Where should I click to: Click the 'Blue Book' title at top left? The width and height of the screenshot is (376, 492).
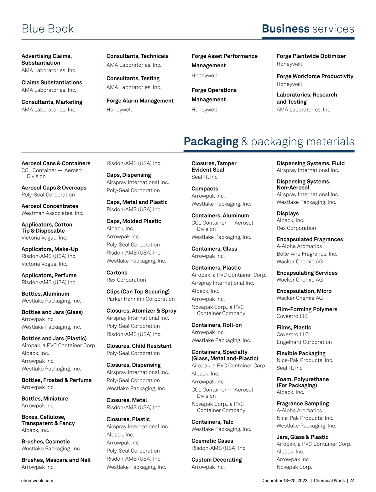[x=48, y=29]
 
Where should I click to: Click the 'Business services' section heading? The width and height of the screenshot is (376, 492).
[x=308, y=29]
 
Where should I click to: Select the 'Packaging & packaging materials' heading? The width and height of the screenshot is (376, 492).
[x=269, y=142]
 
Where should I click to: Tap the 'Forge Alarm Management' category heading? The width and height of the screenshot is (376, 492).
[x=140, y=101]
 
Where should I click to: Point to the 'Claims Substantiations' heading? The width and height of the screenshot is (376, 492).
[x=52, y=82]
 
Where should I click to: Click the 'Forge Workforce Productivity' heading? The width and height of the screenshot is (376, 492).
[x=315, y=76]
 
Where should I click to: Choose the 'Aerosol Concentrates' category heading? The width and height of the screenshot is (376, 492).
[x=50, y=206]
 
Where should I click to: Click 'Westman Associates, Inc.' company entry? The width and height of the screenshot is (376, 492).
[x=52, y=213]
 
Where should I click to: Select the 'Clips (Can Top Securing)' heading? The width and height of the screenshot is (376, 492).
[x=138, y=292]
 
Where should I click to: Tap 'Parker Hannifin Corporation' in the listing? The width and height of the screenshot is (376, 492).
[x=140, y=299]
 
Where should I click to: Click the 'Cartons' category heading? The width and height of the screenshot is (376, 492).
[x=117, y=272]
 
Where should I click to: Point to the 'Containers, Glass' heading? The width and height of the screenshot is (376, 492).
[x=214, y=249]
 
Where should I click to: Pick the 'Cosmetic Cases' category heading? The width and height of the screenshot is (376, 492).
[x=212, y=441]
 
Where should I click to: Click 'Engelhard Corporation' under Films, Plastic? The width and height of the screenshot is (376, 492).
[x=304, y=342]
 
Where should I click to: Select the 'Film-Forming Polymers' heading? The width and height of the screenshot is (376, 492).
[x=307, y=309]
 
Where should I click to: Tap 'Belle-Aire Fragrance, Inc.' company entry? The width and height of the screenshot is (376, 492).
[x=306, y=254]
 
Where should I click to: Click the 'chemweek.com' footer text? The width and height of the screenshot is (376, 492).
[x=37, y=480]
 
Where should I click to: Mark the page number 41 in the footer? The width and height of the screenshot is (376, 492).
[x=352, y=480]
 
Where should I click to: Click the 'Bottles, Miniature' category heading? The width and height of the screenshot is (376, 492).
[x=44, y=398]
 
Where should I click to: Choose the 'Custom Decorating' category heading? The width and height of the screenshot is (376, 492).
[x=217, y=460]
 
